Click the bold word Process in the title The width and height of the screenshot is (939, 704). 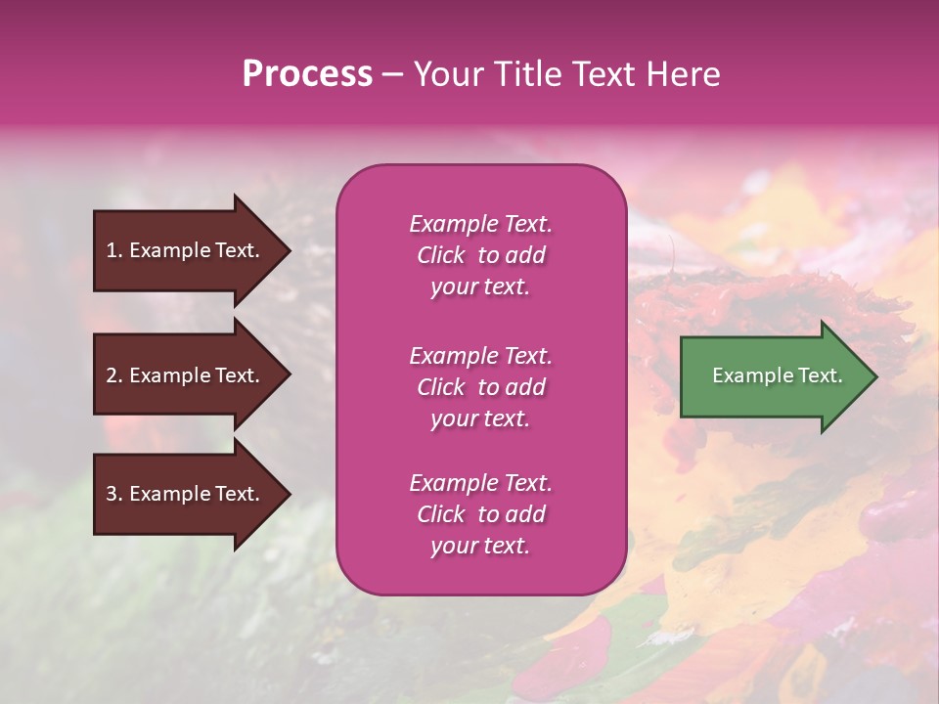coord(307,74)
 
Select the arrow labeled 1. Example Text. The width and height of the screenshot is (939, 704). coord(186,250)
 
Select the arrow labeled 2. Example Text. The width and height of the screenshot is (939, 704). coord(186,375)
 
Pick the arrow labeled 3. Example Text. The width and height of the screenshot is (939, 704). coord(186,494)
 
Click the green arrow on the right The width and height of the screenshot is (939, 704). coord(773,376)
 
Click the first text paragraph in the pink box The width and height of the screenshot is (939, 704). coord(480,255)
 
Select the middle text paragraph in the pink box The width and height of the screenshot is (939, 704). coord(480,387)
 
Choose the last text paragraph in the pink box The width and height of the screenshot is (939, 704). coord(480,514)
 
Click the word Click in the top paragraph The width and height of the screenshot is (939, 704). coord(441,255)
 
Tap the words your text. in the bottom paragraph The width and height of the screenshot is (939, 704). coord(480,546)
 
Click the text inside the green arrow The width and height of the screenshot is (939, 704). coord(777,375)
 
